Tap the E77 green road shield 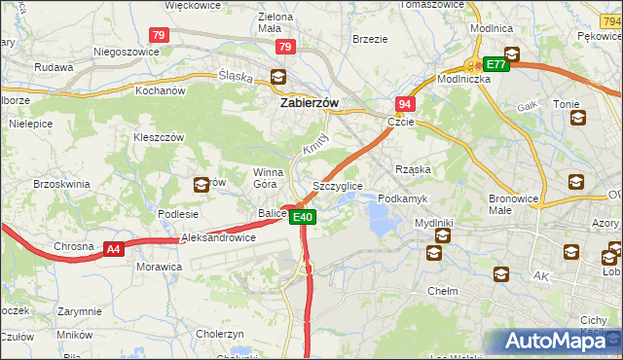(x=495, y=65)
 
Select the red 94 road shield (x=404, y=103)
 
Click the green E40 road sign (x=304, y=217)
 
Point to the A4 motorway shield (x=114, y=249)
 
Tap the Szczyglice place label (x=338, y=185)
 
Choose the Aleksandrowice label (x=218, y=236)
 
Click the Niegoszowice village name (x=126, y=52)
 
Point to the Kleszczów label (x=159, y=137)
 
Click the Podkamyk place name (x=402, y=198)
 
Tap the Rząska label (x=412, y=169)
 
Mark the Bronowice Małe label (x=514, y=203)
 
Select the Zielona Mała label (x=275, y=22)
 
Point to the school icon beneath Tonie (x=578, y=119)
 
